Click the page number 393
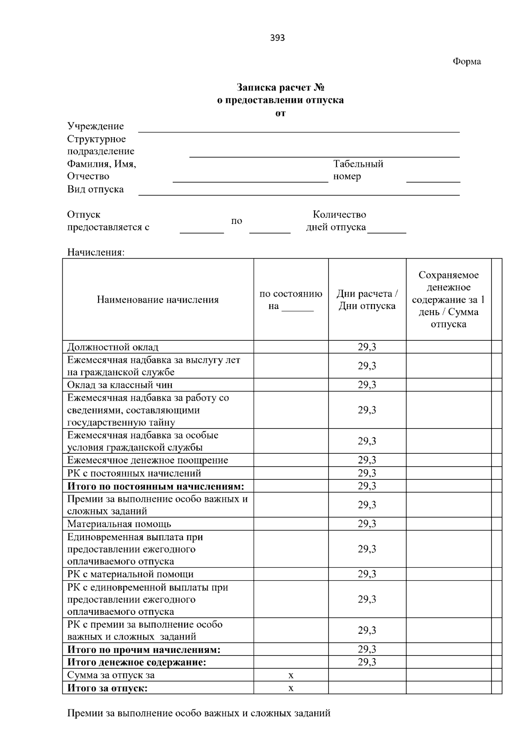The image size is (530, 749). pyautogui.click(x=277, y=38)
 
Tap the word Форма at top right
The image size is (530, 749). pyautogui.click(x=466, y=62)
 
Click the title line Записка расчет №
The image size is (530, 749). pyautogui.click(x=280, y=87)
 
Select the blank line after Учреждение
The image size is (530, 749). pyautogui.click(x=299, y=128)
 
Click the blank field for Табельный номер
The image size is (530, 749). pyautogui.click(x=433, y=178)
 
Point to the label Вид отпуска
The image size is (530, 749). pyautogui.click(x=95, y=189)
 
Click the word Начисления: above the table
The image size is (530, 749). pyautogui.click(x=96, y=252)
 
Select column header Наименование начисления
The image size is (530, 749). pyautogui.click(x=158, y=300)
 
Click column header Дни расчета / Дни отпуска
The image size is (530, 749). pyautogui.click(x=367, y=300)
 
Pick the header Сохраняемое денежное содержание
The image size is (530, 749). pyautogui.click(x=448, y=300)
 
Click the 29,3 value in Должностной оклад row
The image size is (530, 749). pyautogui.click(x=367, y=347)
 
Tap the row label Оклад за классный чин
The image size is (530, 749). pyautogui.click(x=120, y=385)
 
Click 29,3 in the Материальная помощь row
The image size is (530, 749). pyautogui.click(x=367, y=524)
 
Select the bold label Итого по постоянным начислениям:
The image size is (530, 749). pyautogui.click(x=155, y=486)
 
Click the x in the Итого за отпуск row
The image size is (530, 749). pyautogui.click(x=291, y=688)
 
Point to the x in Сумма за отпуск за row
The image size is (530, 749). pyautogui.click(x=291, y=675)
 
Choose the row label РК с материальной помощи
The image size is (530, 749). pyautogui.click(x=130, y=574)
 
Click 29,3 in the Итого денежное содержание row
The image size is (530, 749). pyautogui.click(x=367, y=662)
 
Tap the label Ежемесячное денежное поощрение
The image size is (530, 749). pyautogui.click(x=148, y=460)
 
